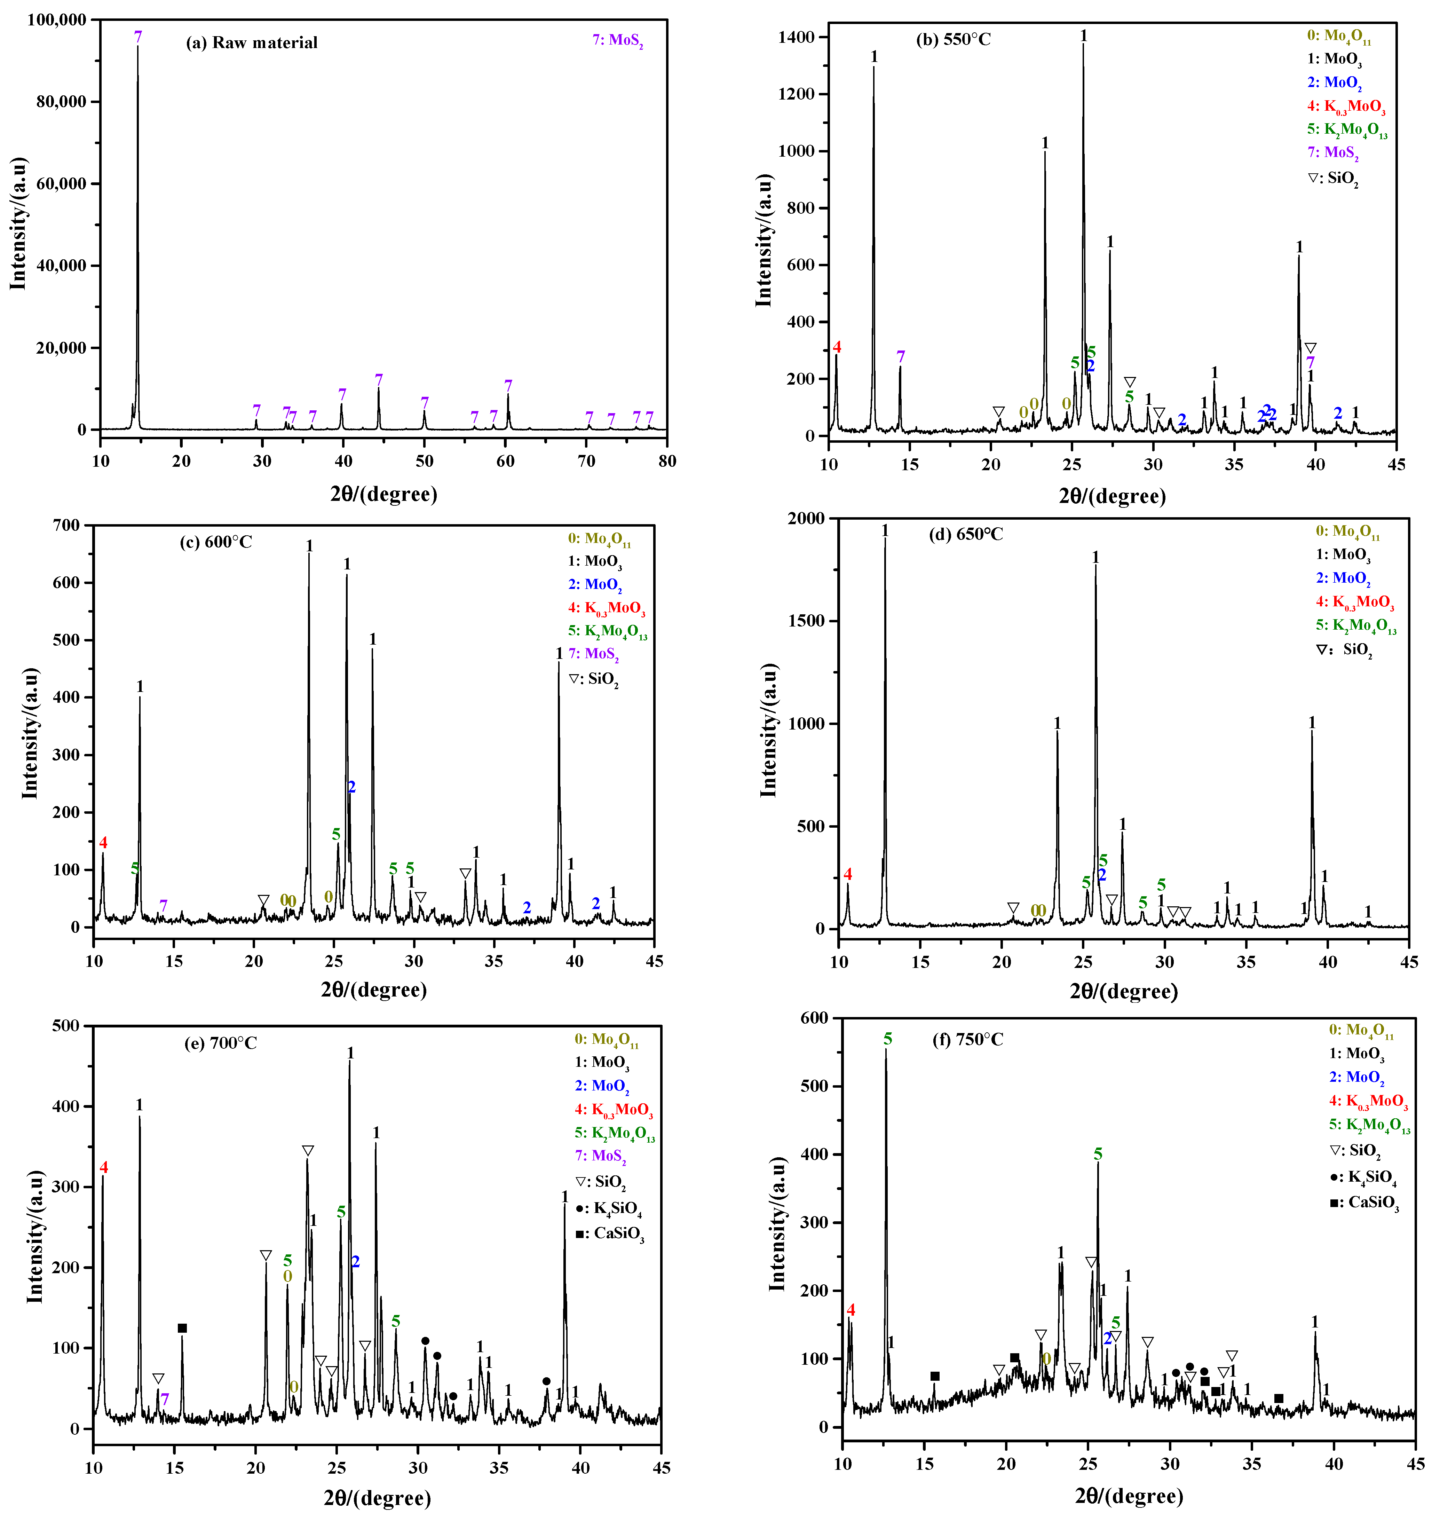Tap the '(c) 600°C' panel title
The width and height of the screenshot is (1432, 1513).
pos(216,542)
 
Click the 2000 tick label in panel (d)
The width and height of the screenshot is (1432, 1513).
pos(806,518)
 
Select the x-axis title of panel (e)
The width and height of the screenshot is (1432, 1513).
pos(377,1498)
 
